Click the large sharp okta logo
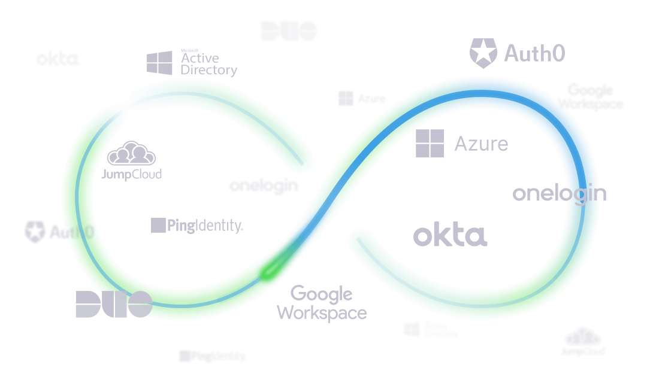(450, 236)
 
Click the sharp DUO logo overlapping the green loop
(114, 304)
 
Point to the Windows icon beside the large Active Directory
(159, 63)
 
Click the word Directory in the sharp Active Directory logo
(209, 70)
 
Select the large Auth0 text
(534, 54)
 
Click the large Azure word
(481, 144)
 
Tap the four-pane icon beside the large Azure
(430, 143)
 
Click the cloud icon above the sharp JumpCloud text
(131, 154)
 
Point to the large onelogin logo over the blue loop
(559, 193)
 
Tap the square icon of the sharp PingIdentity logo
(158, 225)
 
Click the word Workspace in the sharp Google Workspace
(322, 312)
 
